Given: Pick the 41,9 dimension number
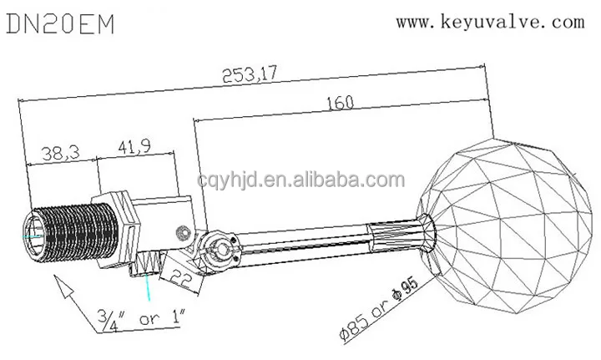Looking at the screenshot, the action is coord(134,147).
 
